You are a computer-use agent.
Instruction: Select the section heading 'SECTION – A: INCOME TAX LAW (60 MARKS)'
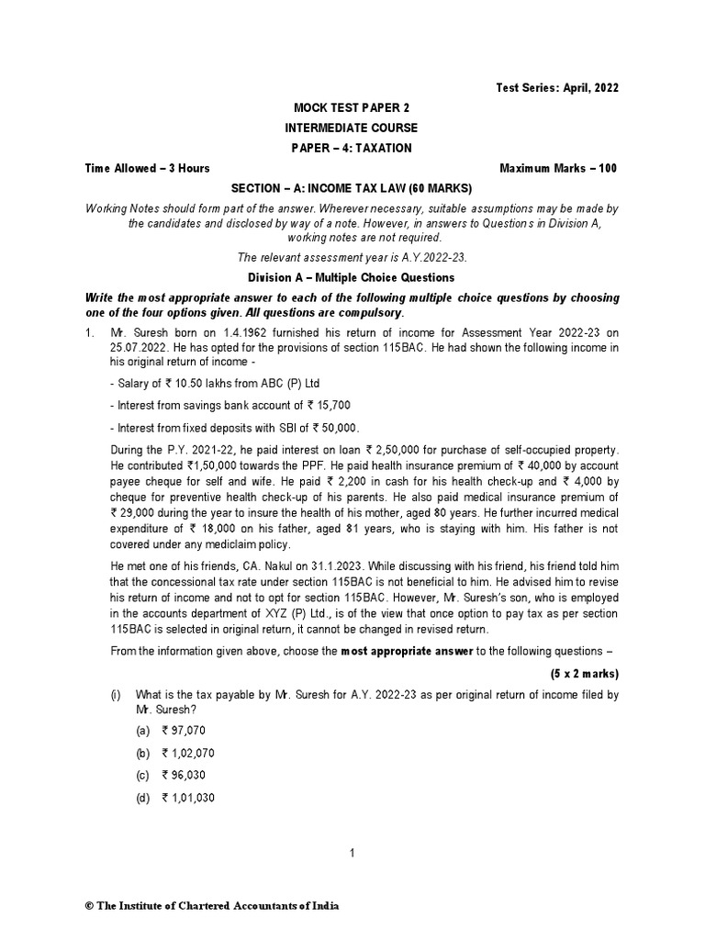click(352, 188)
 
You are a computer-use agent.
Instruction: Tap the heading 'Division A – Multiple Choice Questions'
click(352, 277)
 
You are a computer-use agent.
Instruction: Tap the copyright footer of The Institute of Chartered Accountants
click(212, 906)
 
